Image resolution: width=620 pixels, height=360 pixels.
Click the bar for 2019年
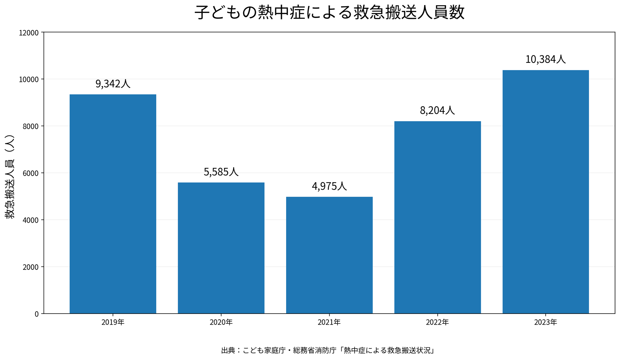[113, 204]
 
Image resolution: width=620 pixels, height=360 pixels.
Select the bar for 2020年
[221, 248]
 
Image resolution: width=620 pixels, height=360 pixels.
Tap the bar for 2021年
[329, 255]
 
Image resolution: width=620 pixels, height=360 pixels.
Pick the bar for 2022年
[437, 217]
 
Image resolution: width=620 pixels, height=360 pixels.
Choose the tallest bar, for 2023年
[546, 192]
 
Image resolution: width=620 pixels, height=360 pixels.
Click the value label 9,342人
[113, 84]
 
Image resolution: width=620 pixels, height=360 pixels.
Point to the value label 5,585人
[221, 172]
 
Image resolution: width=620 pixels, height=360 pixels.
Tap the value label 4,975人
[329, 186]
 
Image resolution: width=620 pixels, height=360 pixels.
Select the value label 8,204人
[437, 110]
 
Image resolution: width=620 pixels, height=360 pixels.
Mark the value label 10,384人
[546, 59]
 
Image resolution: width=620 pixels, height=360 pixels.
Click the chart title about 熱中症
[330, 12]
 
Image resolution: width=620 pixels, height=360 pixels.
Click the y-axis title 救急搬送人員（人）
[10, 177]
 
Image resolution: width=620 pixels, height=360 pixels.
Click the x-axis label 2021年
[329, 323]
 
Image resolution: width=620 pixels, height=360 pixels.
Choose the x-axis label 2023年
[546, 323]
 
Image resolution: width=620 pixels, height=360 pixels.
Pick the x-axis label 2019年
[113, 323]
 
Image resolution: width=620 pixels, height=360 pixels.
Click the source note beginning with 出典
[328, 350]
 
